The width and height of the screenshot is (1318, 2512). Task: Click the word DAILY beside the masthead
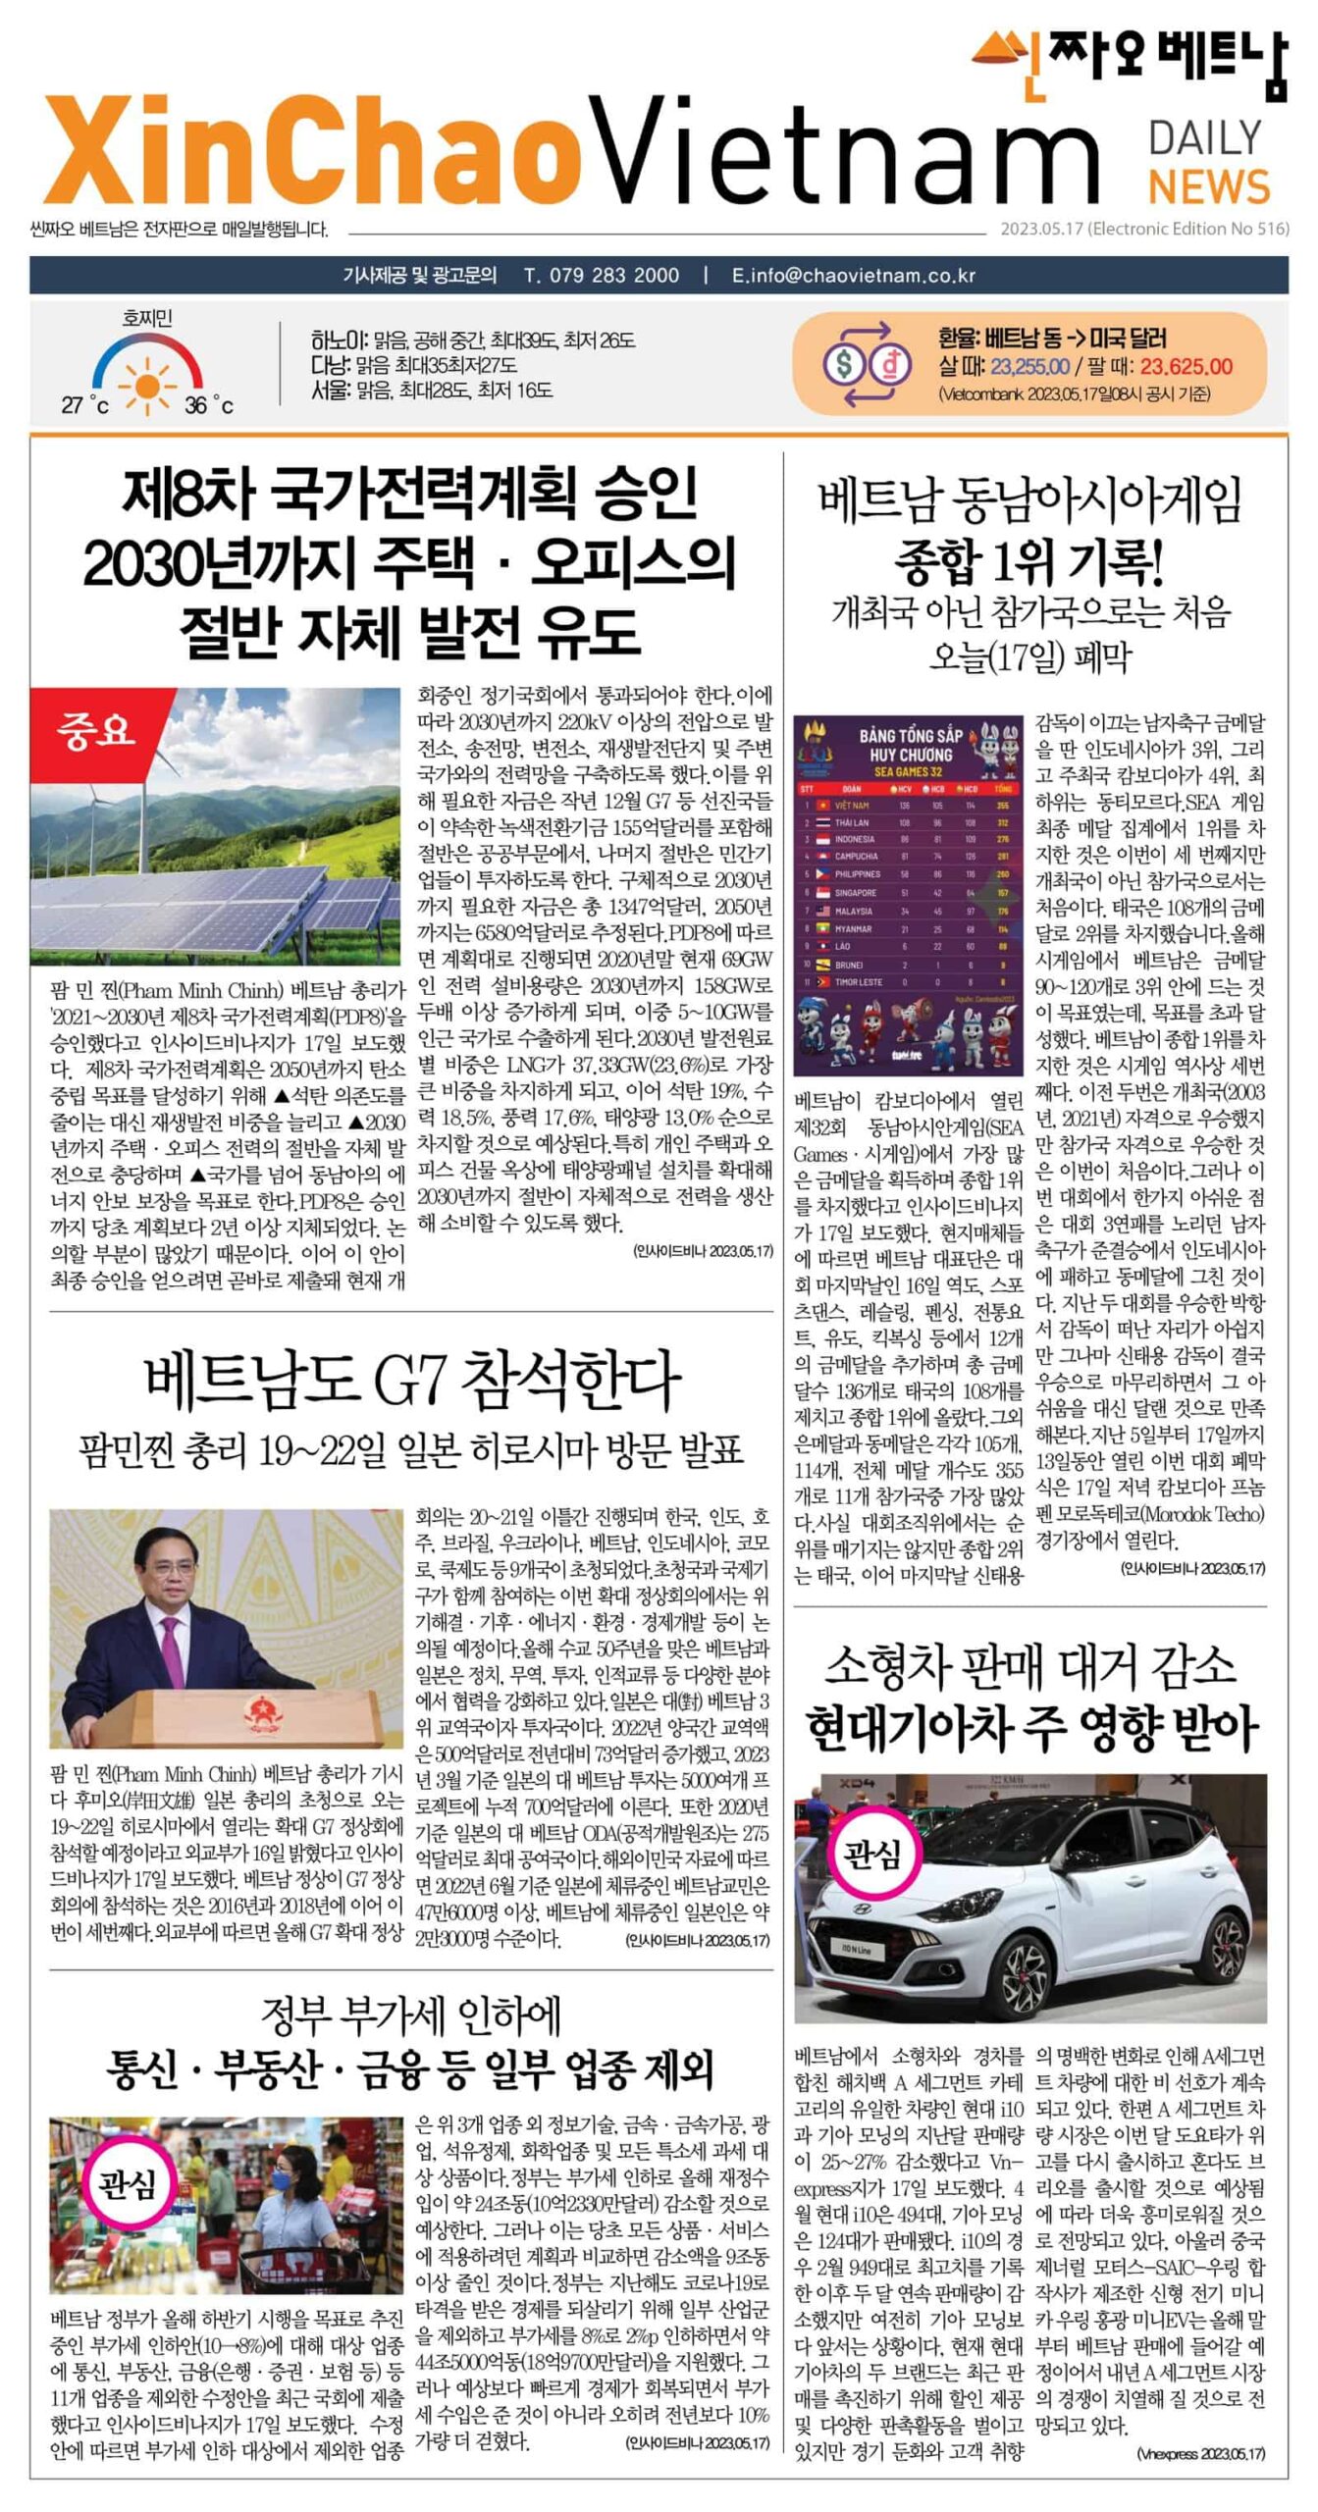tap(1205, 138)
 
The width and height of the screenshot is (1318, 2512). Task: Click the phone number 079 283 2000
tap(601, 275)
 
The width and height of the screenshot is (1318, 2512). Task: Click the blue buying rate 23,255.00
tap(1029, 367)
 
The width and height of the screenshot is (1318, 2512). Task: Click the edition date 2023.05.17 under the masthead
tap(1040, 229)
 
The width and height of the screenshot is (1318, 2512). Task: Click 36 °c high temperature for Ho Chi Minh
tap(208, 404)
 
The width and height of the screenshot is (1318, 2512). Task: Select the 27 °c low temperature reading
tap(85, 404)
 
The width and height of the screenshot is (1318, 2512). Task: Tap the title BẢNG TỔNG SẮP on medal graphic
tap(910, 735)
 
